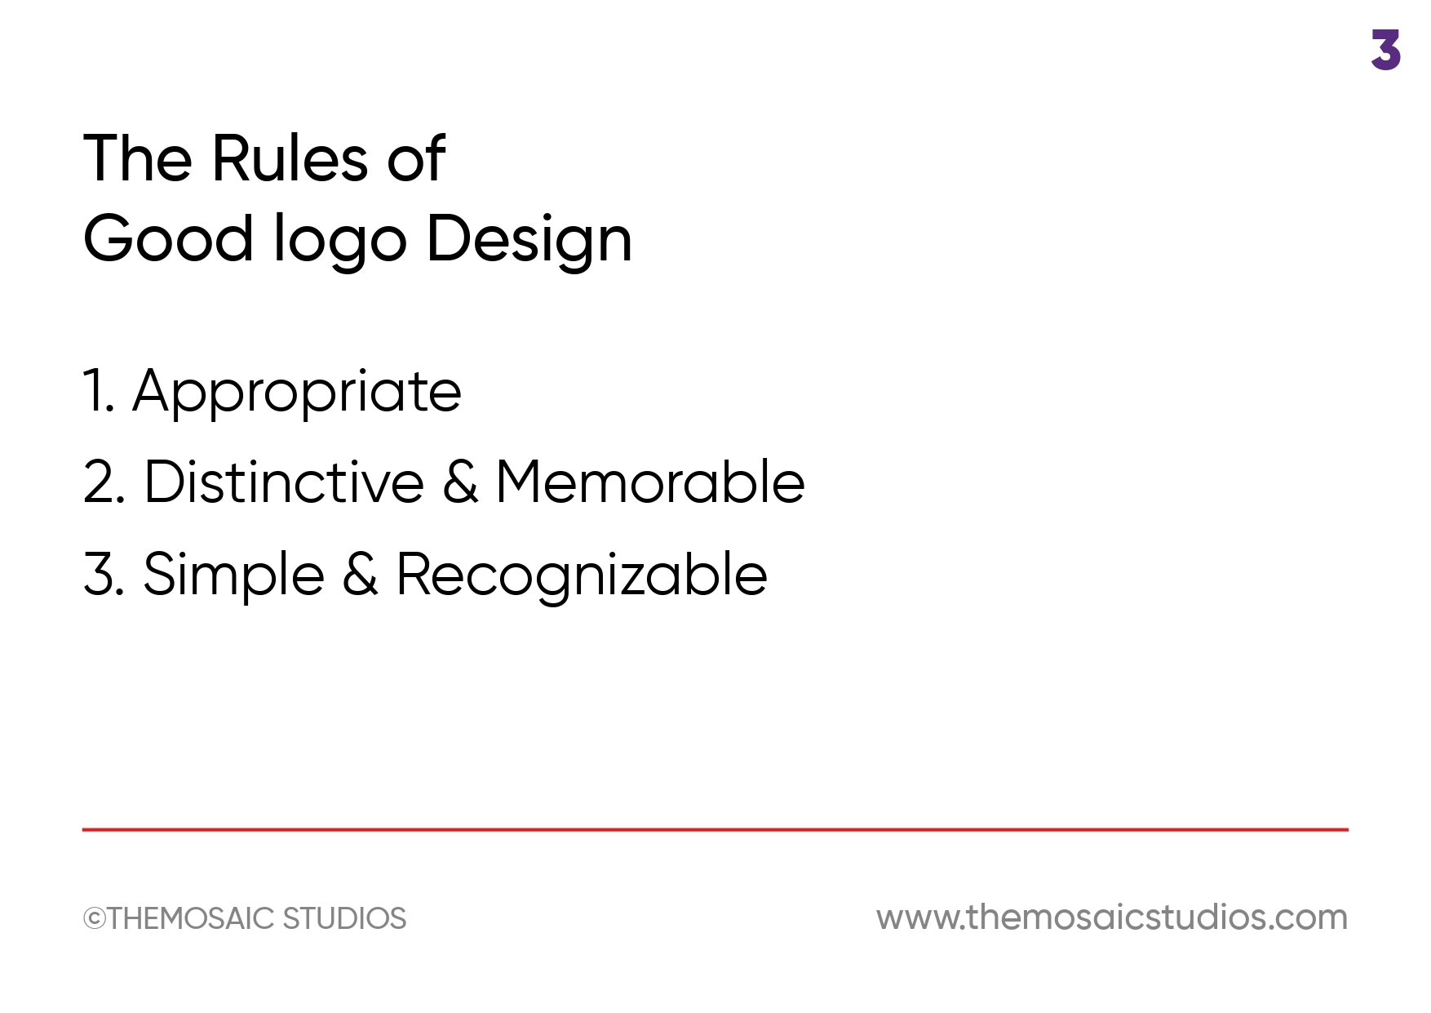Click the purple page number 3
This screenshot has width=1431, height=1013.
[1385, 50]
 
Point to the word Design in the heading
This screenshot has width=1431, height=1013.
[529, 240]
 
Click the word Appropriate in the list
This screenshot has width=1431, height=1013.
[297, 393]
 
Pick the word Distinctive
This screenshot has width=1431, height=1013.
[284, 482]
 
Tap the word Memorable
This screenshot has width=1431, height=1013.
[650, 482]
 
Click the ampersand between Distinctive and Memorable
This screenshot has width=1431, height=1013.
[460, 482]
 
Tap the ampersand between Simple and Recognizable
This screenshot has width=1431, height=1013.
[361, 574]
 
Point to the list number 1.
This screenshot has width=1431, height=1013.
[99, 391]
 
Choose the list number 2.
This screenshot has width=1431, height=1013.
[104, 482]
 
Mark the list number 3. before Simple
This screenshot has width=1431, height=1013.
[104, 575]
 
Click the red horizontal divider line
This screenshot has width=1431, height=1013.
[715, 829]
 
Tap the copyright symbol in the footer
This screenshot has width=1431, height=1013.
[95, 919]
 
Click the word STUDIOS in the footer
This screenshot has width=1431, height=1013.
[344, 919]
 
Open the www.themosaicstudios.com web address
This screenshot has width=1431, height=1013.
[1112, 917]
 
